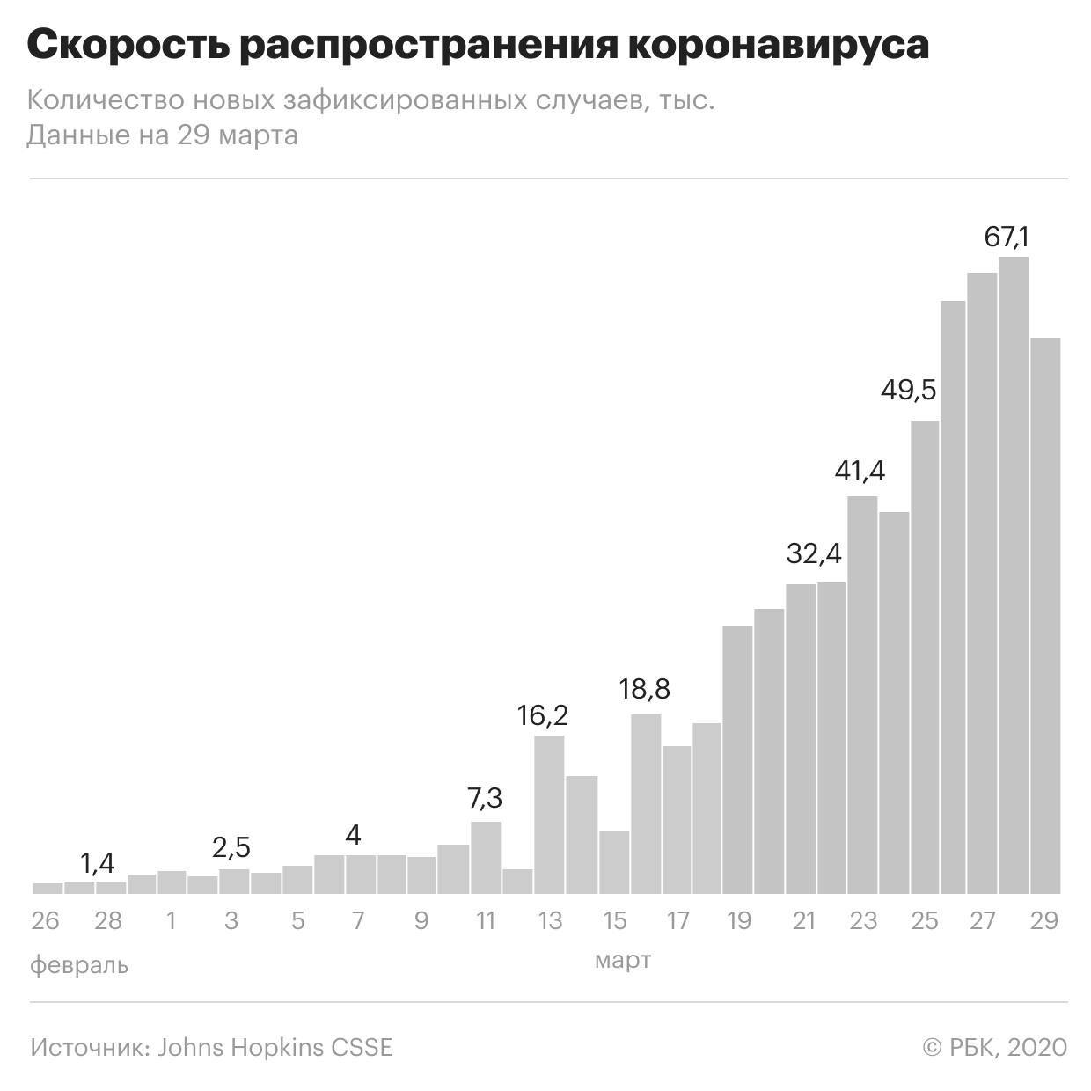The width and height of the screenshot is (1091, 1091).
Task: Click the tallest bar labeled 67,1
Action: (1014, 575)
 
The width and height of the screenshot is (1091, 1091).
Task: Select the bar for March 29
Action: (1045, 616)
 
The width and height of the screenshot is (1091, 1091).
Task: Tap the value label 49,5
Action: (908, 390)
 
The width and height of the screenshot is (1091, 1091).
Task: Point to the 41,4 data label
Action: (860, 471)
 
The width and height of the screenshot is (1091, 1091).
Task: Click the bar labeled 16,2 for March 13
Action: (549, 815)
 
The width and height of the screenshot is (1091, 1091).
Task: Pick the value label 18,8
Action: (644, 690)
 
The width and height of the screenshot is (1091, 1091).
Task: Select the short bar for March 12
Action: (517, 882)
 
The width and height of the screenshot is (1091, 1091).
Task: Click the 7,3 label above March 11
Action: (485, 798)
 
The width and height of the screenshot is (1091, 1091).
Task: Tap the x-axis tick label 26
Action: (45, 921)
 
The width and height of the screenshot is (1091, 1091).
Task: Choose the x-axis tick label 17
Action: (677, 921)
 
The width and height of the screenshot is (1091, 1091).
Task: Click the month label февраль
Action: (79, 965)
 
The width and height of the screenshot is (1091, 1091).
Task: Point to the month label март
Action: (623, 960)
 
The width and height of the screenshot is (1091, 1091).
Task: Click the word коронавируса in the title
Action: (779, 45)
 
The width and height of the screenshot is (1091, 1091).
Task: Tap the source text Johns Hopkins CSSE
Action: (275, 1047)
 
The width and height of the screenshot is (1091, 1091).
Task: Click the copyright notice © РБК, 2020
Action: (995, 1047)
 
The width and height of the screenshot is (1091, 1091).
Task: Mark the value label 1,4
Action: (98, 863)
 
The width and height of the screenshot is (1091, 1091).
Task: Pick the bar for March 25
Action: (925, 657)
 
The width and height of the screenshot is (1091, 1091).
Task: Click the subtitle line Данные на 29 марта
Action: (163, 135)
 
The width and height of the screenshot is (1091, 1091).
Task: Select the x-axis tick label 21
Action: (803, 921)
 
